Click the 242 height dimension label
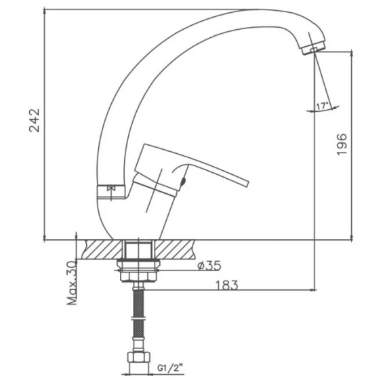pyautogui.click(x=35, y=120)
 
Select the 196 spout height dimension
pyautogui.click(x=342, y=144)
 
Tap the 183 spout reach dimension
pyautogui.click(x=226, y=285)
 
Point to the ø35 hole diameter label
pyautogui.click(x=209, y=266)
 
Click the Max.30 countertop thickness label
pyautogui.click(x=72, y=283)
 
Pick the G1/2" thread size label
pyautogui.click(x=170, y=368)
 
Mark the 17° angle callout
pyautogui.click(x=322, y=106)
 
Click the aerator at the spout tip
pyautogui.click(x=314, y=48)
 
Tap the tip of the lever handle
pyautogui.click(x=247, y=184)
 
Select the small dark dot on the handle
pyautogui.click(x=183, y=182)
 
